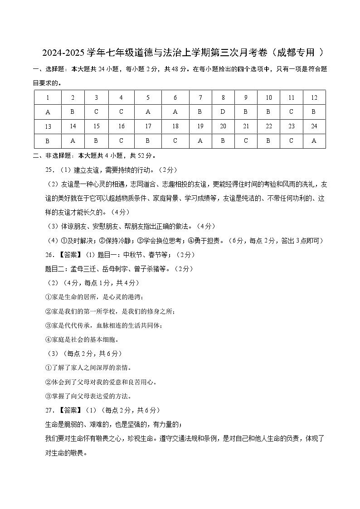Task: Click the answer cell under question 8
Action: pyautogui.click(x=223, y=112)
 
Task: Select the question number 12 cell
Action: pyautogui.click(x=314, y=97)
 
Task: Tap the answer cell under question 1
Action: pyautogui.click(x=48, y=112)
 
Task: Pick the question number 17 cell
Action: pyautogui.click(x=148, y=126)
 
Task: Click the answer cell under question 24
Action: pyautogui.click(x=314, y=141)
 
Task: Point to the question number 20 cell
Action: pyautogui.click(x=223, y=126)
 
